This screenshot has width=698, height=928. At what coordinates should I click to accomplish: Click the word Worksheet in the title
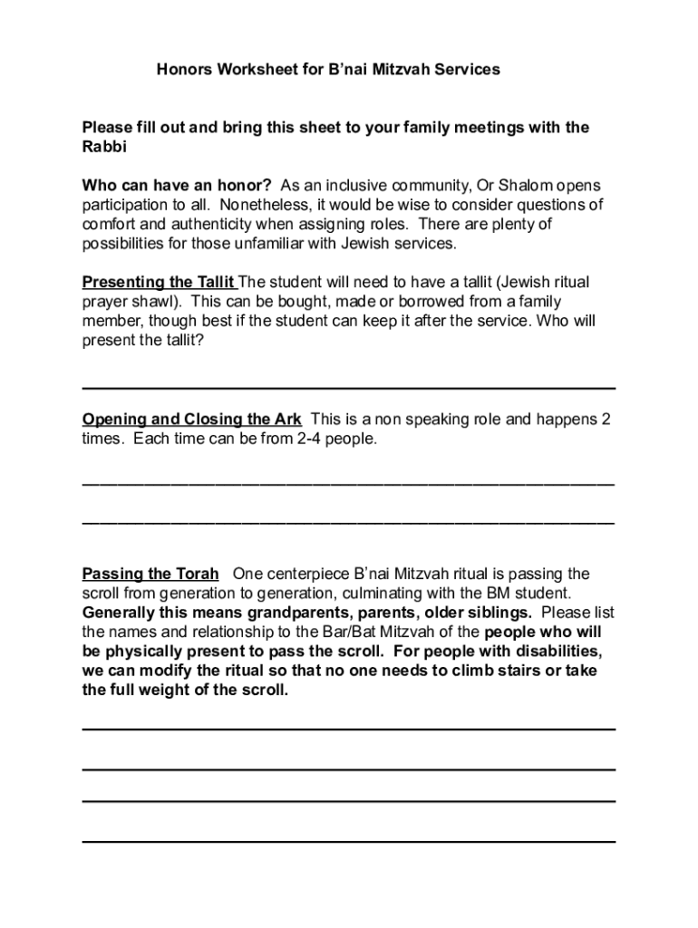point(254,69)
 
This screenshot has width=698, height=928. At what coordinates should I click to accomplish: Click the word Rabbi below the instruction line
point(104,147)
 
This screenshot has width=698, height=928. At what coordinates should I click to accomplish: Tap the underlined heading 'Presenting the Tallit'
point(159,283)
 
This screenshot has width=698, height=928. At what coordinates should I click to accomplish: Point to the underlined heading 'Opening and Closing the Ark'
point(192,420)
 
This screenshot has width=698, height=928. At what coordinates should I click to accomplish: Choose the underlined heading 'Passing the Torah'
point(150,574)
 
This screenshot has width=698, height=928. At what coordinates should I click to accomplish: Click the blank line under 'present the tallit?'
point(349,388)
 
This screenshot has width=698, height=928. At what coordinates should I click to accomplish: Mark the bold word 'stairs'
point(529,671)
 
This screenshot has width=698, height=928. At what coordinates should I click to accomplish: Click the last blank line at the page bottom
point(349,841)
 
